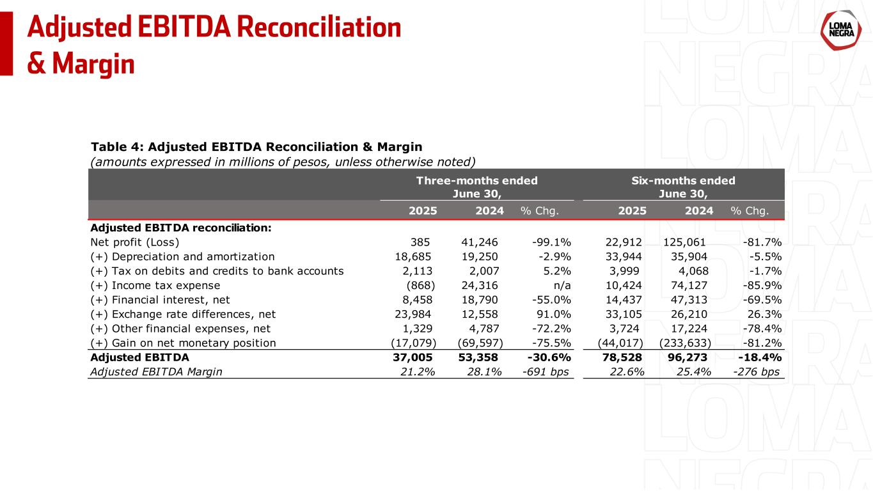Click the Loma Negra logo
(839, 30)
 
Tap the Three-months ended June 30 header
(476, 186)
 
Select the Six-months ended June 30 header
(683, 186)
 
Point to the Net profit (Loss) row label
(135, 242)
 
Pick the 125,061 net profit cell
(688, 242)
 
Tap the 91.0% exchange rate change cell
(554, 314)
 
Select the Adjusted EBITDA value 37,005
(413, 357)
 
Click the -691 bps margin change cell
(546, 372)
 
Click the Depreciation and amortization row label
(183, 256)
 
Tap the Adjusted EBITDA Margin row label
(157, 372)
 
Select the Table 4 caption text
(256, 146)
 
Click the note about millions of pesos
(284, 160)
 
